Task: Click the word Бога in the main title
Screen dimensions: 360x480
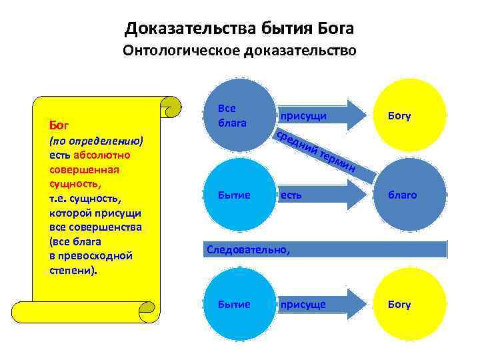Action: pyautogui.click(x=331, y=29)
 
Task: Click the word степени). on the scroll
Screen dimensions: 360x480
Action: pyautogui.click(x=72, y=271)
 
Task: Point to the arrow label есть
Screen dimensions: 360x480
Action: pyautogui.click(x=291, y=195)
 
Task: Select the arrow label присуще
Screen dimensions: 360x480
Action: pyautogui.click(x=303, y=305)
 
